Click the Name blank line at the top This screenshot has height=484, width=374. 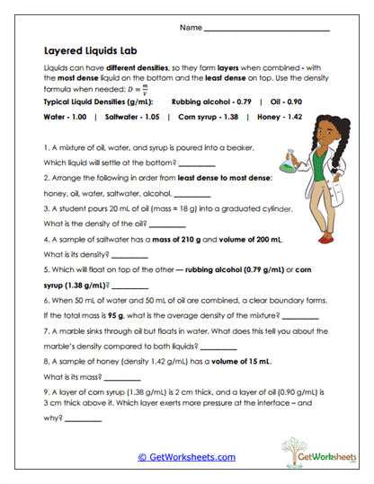coord(267,29)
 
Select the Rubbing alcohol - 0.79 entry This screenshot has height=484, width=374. coord(211,102)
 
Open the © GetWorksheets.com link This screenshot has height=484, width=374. coord(187,457)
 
